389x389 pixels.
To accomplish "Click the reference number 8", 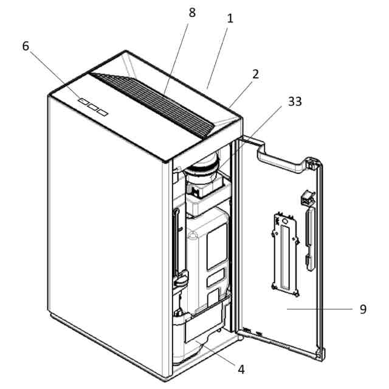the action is click(x=192, y=13).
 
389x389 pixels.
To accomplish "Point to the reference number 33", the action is click(x=295, y=102).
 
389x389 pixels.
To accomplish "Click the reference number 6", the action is click(x=26, y=46).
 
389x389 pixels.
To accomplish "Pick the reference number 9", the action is click(x=363, y=309).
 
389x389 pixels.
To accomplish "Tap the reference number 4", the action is click(x=241, y=368).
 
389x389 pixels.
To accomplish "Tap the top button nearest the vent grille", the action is click(x=102, y=112).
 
